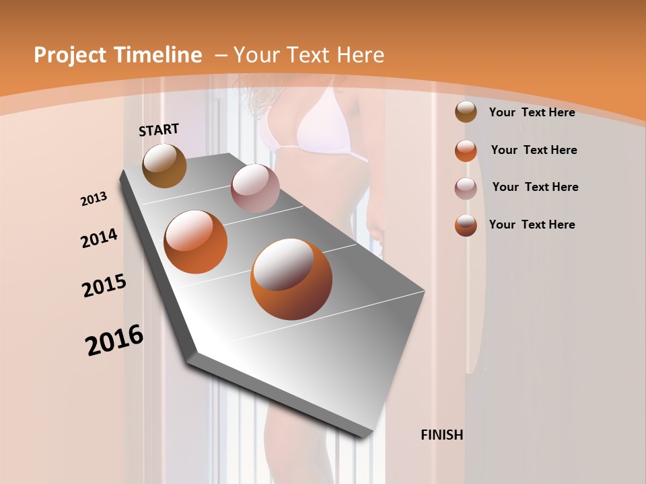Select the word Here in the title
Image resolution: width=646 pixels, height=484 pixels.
click(361, 55)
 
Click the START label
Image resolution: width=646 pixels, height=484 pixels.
click(159, 130)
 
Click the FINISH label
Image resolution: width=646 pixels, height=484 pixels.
click(441, 435)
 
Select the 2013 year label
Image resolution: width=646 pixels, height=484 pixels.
click(94, 199)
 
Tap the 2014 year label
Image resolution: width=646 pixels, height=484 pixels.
click(100, 238)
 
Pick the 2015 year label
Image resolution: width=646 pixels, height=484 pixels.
click(104, 286)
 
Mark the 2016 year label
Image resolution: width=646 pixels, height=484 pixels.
click(114, 340)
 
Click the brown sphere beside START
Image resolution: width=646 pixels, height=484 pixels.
click(164, 165)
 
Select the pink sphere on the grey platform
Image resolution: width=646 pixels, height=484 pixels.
click(254, 188)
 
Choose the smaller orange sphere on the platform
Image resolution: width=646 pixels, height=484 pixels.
click(196, 242)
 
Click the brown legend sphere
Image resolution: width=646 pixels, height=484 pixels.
click(466, 112)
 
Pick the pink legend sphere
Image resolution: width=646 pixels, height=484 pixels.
click(466, 188)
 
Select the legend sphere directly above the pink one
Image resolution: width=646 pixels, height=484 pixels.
click(466, 151)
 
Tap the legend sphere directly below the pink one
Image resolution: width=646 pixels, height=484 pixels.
click(466, 225)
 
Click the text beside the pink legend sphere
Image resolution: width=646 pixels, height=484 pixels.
click(535, 187)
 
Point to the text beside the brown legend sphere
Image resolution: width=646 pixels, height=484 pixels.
click(532, 112)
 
